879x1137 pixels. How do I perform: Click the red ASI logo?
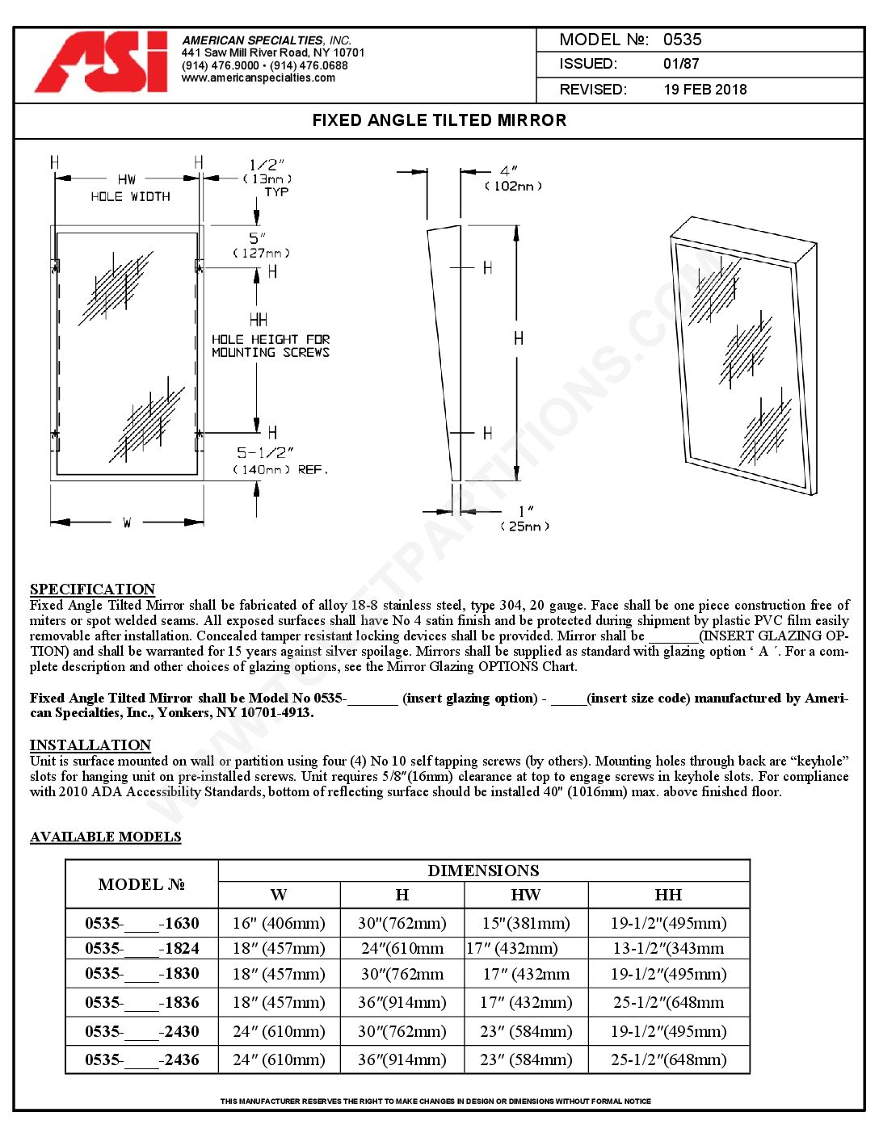point(102,62)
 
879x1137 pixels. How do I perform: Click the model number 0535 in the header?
point(682,40)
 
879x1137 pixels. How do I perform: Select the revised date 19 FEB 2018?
point(704,90)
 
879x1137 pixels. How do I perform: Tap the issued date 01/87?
point(681,64)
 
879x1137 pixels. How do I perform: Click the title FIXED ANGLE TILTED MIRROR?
point(439,120)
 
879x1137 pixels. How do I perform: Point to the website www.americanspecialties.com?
point(258,78)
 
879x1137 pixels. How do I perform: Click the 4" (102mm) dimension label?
point(512,178)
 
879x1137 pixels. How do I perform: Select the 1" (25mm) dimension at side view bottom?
point(525,518)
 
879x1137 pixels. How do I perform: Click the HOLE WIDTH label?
point(130,196)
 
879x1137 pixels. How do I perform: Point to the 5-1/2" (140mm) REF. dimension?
point(280,461)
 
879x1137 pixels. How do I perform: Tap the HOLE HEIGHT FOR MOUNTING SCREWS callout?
point(270,346)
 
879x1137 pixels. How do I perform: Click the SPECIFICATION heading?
point(92,589)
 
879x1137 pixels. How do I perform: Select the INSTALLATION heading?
point(90,745)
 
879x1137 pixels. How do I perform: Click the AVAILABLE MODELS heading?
point(105,837)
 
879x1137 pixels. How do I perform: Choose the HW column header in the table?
point(525,895)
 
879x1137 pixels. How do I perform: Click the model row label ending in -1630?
point(141,923)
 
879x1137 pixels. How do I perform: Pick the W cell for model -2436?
point(279,1059)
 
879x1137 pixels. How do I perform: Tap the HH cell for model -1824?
point(668,948)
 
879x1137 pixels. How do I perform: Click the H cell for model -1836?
point(402,1002)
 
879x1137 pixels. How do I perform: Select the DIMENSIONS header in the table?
point(483,871)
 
